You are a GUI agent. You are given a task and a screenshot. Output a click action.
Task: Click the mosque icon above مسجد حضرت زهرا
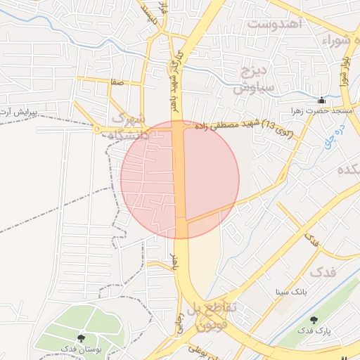point(322,100)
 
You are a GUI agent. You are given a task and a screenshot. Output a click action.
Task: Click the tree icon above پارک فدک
point(314,320)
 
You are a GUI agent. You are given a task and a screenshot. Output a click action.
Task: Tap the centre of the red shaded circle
point(180,179)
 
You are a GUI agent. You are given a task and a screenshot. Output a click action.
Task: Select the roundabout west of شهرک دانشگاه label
point(96,129)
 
